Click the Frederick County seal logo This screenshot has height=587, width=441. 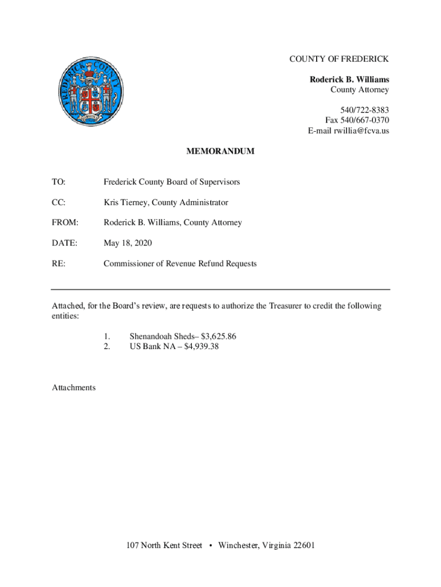pyautogui.click(x=90, y=91)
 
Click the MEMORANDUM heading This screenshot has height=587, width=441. pyautogui.click(x=220, y=152)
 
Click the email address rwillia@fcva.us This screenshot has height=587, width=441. pyautogui.click(x=357, y=131)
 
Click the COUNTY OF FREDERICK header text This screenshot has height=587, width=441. pyautogui.click(x=339, y=59)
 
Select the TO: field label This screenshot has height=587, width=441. pyautogui.click(x=58, y=182)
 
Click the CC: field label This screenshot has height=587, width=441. pyautogui.click(x=58, y=202)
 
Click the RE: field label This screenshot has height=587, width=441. pyautogui.click(x=58, y=264)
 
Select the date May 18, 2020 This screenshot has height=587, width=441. pyautogui.click(x=128, y=243)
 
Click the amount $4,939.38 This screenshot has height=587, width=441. pyautogui.click(x=202, y=346)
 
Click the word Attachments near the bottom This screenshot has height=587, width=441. pyautogui.click(x=74, y=388)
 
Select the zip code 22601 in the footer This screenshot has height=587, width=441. pyautogui.click(x=304, y=545)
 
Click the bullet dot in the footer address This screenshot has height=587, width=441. pyautogui.click(x=210, y=546)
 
